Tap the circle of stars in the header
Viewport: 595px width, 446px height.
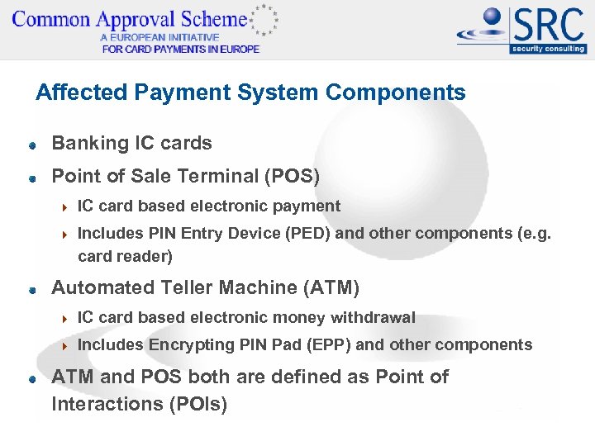pyautogui.click(x=264, y=20)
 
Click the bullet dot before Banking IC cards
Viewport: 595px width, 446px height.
pyautogui.click(x=31, y=145)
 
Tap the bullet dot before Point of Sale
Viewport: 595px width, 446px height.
pyautogui.click(x=31, y=178)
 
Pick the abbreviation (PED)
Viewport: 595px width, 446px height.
pyautogui.click(x=308, y=233)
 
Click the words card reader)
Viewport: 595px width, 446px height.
pyautogui.click(x=125, y=256)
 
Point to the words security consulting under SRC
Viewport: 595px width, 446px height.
pyautogui.click(x=548, y=48)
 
